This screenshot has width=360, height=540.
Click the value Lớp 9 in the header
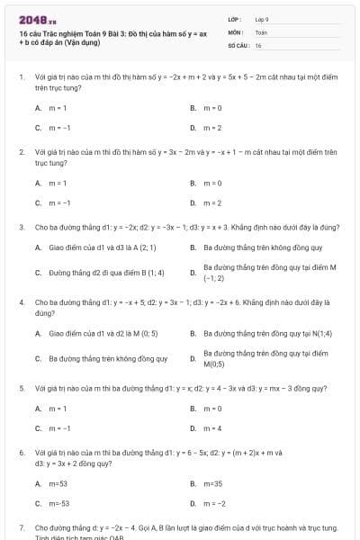[262, 18]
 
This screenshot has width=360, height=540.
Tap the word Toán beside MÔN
[261, 31]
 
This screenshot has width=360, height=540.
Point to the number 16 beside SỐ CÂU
[258, 44]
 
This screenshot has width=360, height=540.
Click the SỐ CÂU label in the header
[237, 44]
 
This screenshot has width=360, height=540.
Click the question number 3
[22, 227]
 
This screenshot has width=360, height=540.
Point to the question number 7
[22, 526]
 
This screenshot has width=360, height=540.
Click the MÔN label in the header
[236, 31]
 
